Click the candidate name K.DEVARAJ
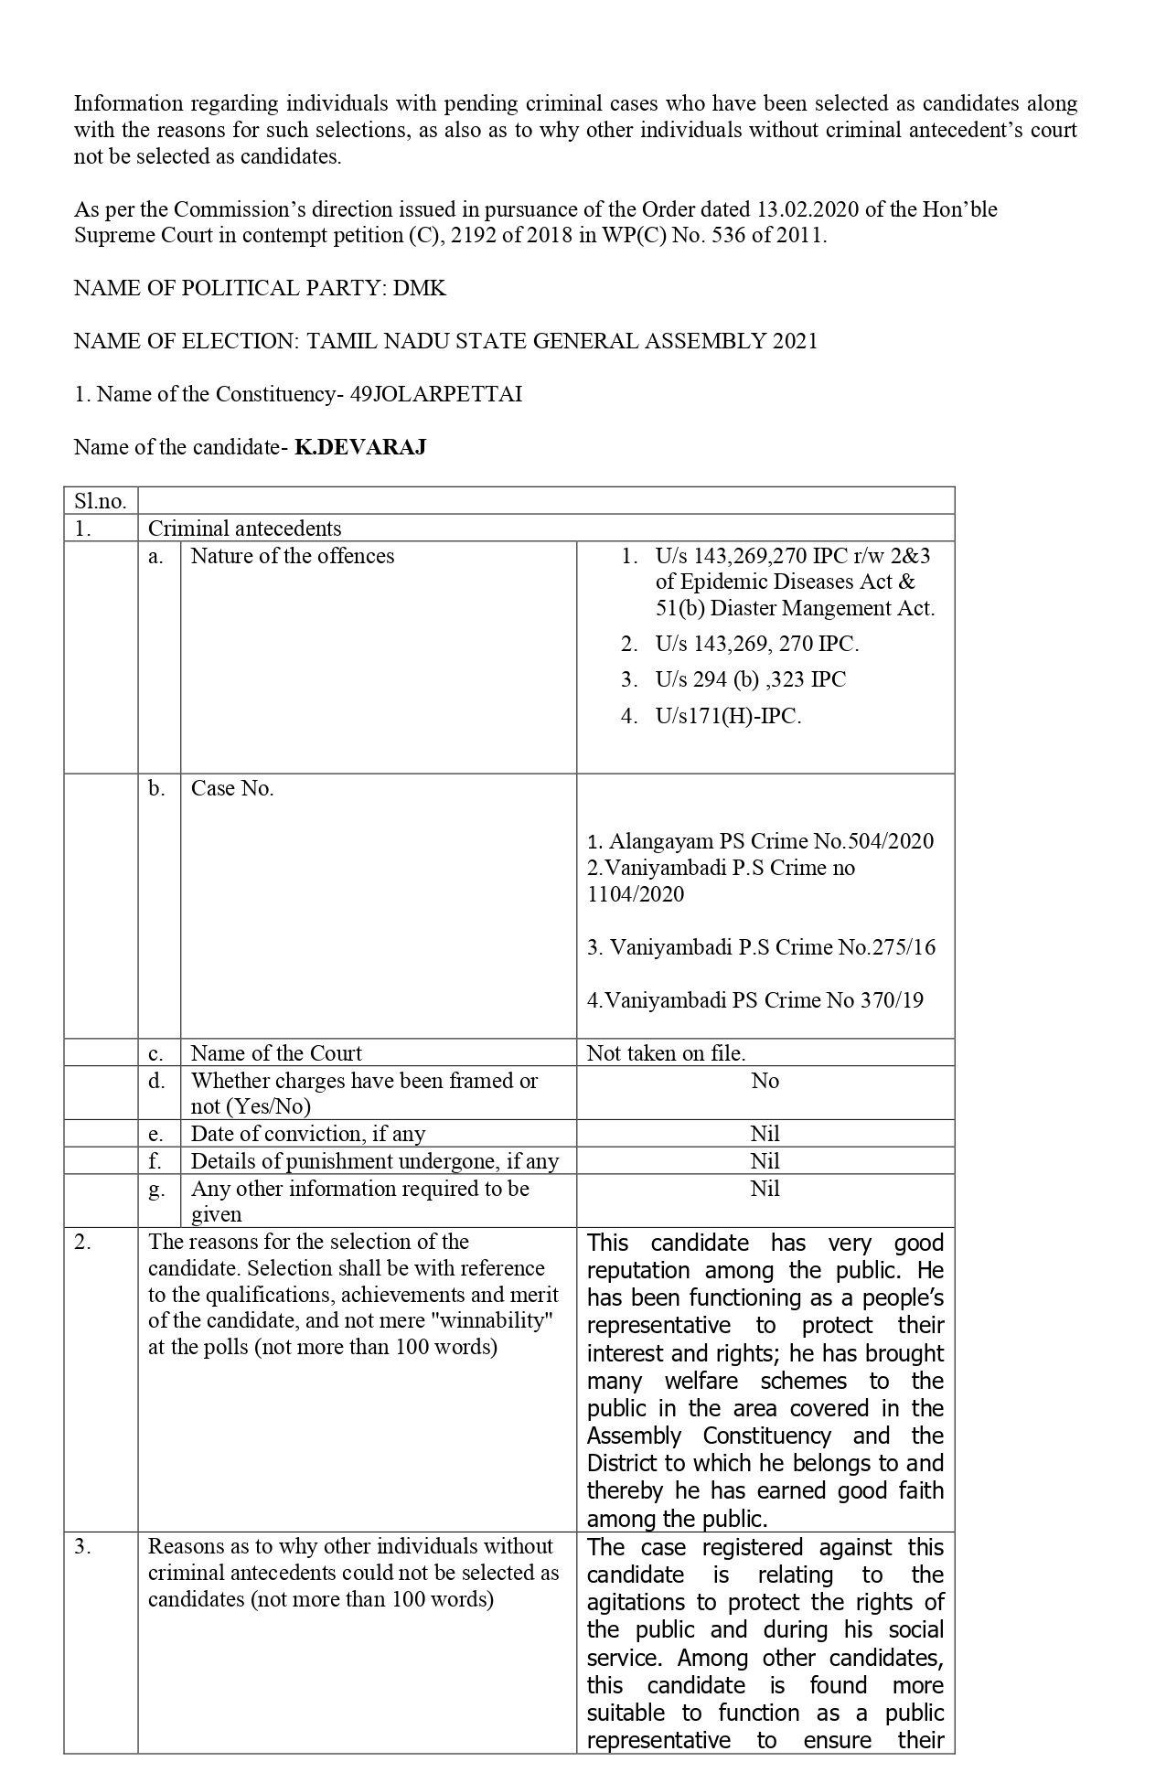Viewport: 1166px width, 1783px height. coord(360,447)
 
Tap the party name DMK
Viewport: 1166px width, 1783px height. coord(419,288)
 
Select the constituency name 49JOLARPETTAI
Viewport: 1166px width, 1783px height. coord(436,394)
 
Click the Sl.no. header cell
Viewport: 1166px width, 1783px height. coord(101,501)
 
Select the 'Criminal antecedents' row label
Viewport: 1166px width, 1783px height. coord(244,528)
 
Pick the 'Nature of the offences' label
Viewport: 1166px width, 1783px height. coord(293,556)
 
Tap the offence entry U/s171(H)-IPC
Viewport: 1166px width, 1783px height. coord(728,716)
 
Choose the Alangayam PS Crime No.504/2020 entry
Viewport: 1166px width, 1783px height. coord(761,841)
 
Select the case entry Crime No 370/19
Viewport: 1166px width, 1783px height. coord(755,1000)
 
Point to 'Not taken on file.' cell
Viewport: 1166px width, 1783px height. coord(666,1053)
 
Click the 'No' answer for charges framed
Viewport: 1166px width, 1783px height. coord(765,1081)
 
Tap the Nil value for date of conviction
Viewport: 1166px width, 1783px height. coord(765,1134)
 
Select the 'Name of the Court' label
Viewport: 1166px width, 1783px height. coord(276,1053)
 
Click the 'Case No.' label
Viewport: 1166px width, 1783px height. coord(232,788)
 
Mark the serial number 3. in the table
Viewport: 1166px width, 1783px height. coord(83,1546)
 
